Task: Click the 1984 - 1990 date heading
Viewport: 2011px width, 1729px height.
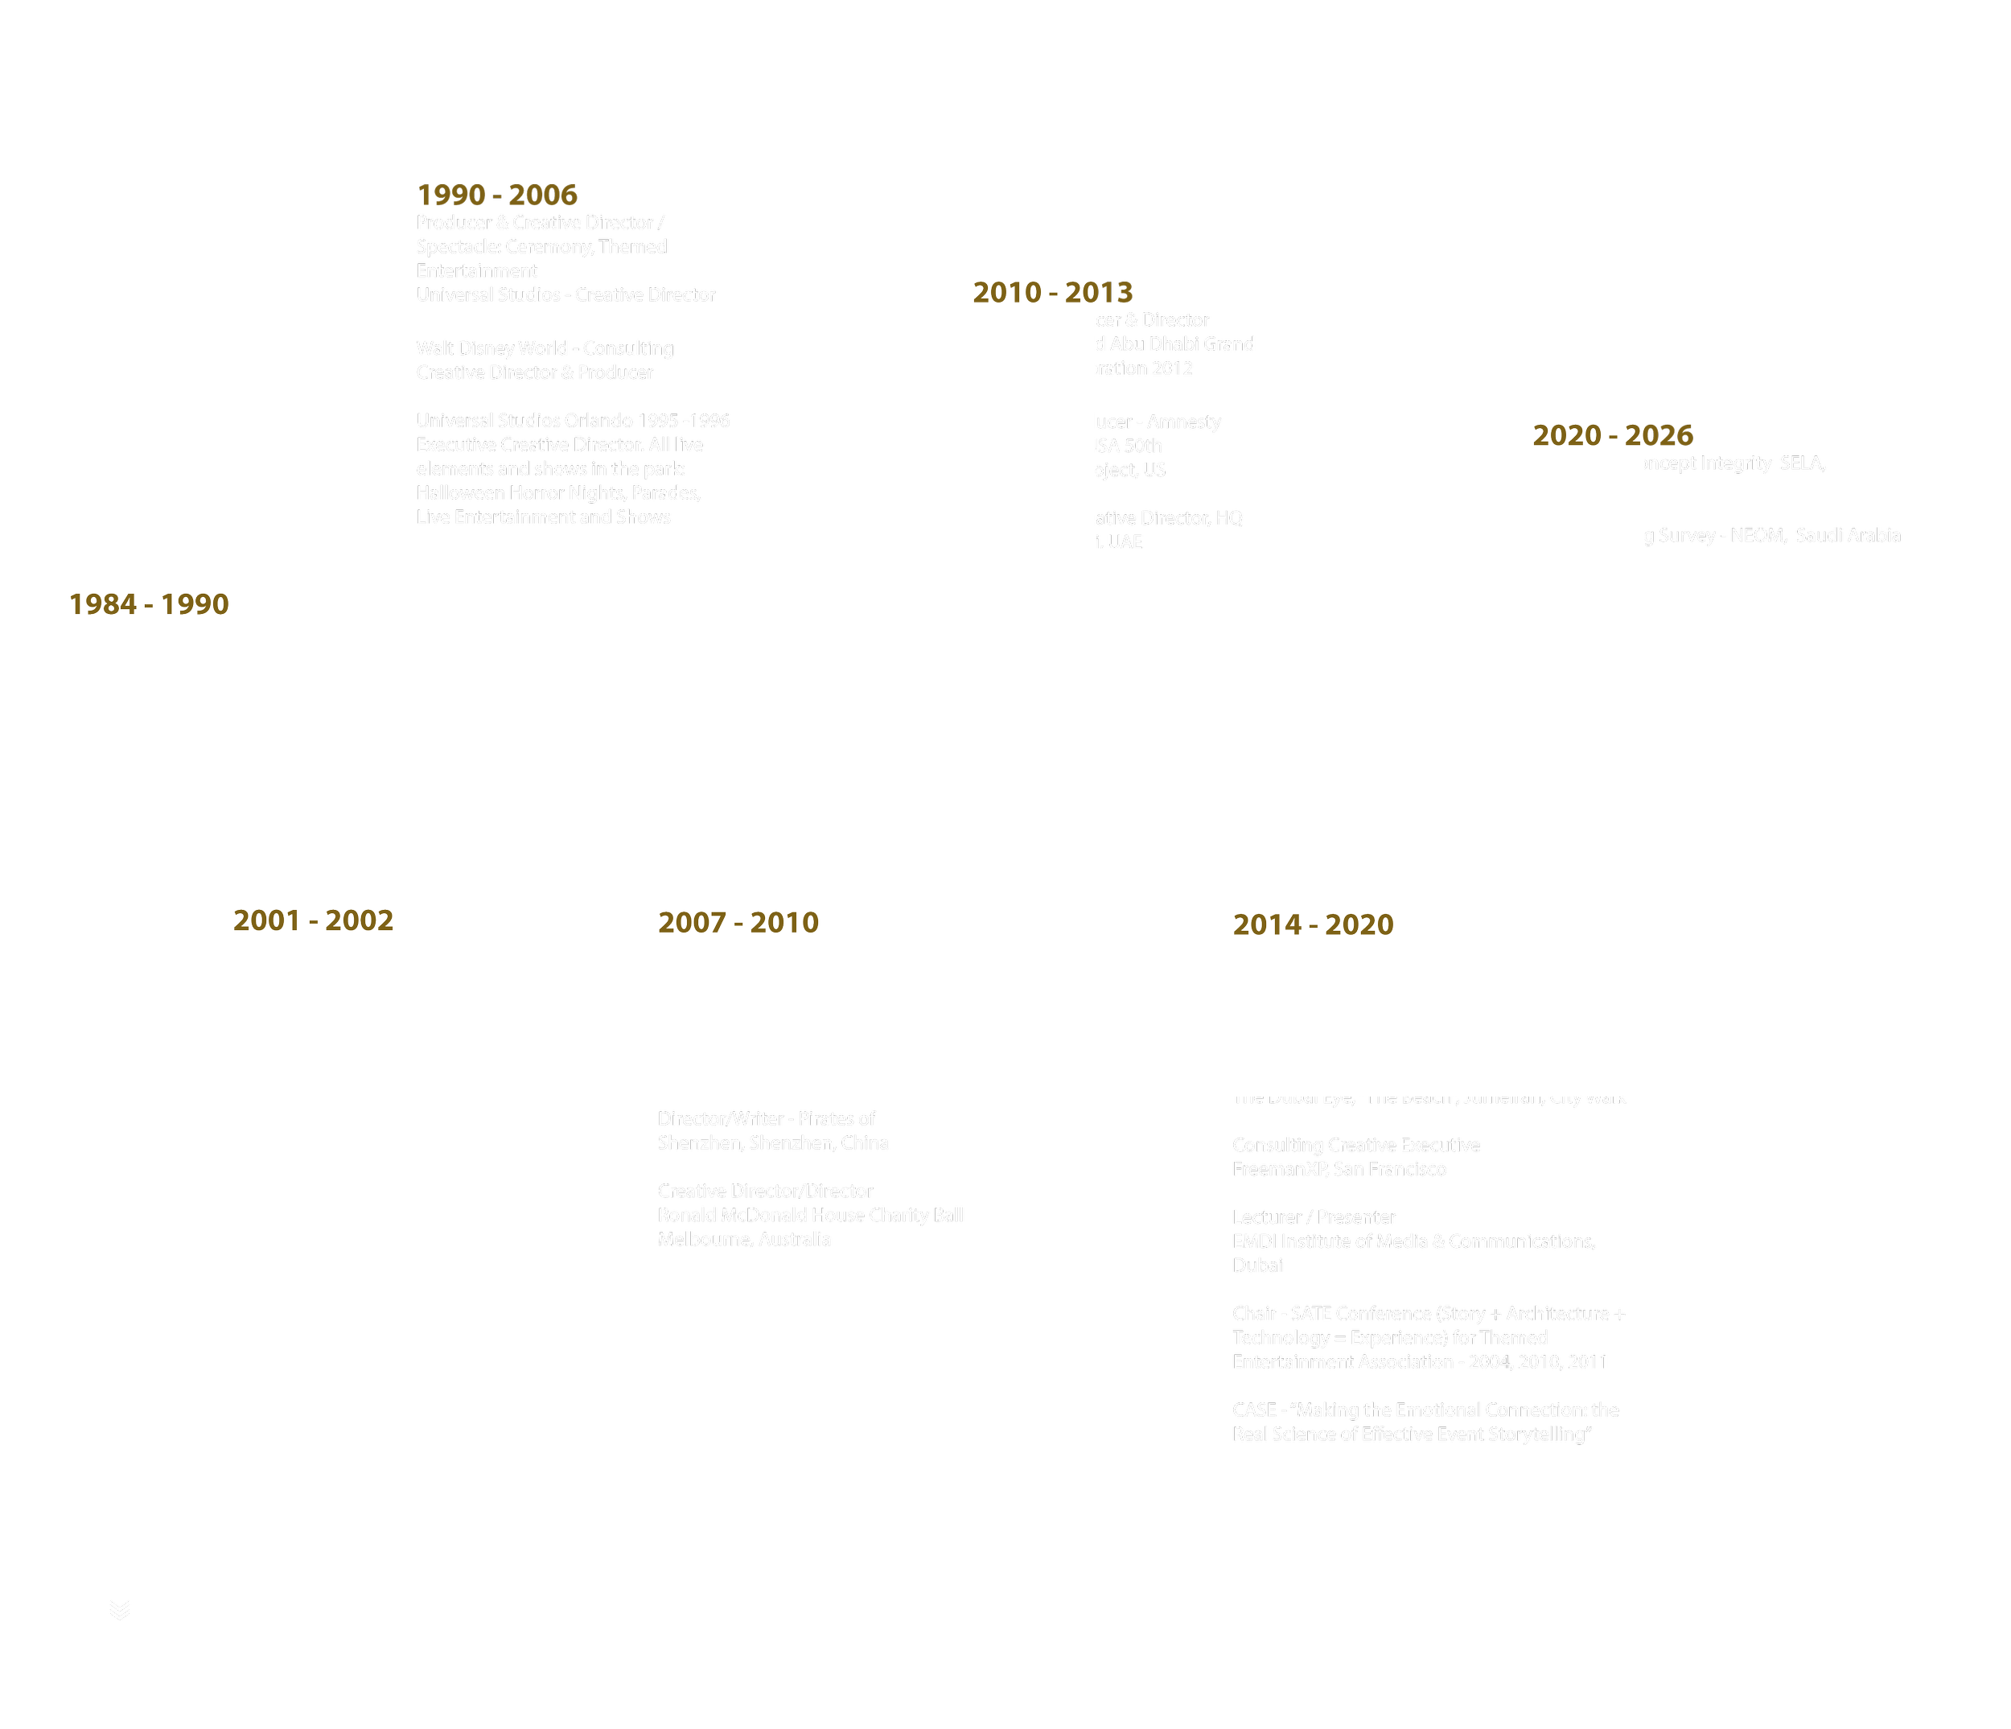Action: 149,604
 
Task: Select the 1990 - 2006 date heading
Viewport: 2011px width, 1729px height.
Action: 497,194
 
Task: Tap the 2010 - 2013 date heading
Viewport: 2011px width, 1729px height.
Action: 1052,292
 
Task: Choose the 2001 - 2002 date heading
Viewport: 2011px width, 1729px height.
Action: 314,920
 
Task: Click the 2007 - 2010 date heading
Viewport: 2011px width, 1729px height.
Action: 738,922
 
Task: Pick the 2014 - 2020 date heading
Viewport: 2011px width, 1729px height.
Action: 1313,924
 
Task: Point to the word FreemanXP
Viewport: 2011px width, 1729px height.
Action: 1279,1169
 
